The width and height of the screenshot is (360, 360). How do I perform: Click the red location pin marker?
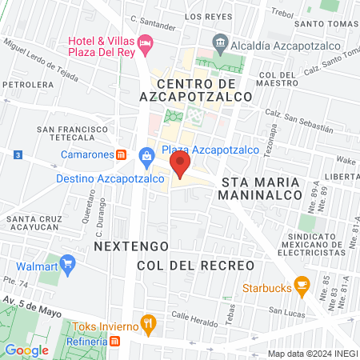[x=180, y=166]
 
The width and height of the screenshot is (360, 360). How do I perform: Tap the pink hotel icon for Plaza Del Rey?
[x=145, y=42]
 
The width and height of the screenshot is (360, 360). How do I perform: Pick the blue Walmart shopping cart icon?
[x=68, y=262]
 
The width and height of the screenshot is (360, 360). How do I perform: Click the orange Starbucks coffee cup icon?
[x=302, y=283]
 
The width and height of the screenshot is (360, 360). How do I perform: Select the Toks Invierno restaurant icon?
[x=147, y=323]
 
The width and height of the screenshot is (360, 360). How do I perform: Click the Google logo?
[x=26, y=350]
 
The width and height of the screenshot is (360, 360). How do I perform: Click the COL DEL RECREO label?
[x=195, y=265]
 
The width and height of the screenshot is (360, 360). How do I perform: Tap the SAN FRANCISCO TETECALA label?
[x=73, y=133]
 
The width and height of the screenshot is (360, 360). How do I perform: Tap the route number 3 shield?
[x=17, y=154]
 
